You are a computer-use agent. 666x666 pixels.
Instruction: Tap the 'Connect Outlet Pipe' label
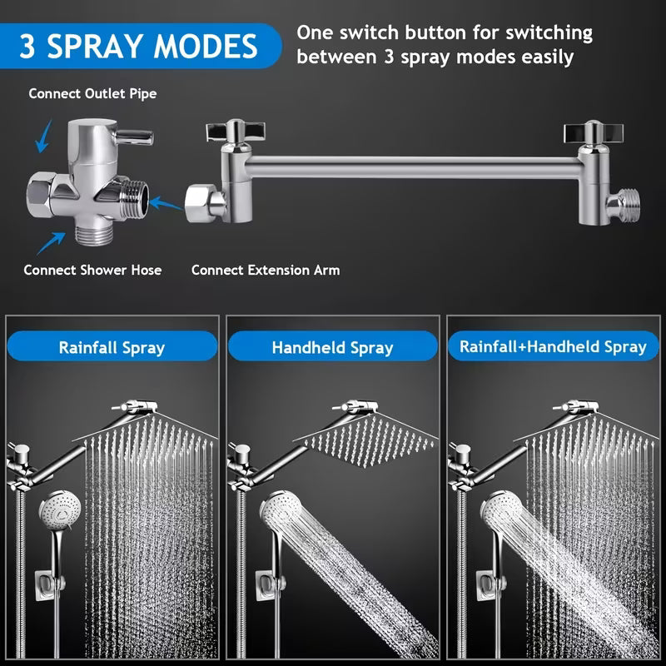(92, 93)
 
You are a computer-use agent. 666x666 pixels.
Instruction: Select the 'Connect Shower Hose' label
(92, 270)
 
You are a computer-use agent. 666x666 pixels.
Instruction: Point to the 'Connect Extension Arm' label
(266, 270)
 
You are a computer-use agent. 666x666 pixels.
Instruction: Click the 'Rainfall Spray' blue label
(112, 347)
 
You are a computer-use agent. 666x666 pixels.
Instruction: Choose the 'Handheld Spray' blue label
(332, 347)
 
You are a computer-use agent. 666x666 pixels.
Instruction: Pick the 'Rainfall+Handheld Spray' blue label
(553, 346)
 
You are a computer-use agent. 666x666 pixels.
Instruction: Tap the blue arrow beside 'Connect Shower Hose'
(52, 242)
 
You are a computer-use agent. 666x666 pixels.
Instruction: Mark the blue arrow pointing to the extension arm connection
(166, 202)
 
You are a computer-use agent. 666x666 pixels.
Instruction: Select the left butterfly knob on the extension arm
(234, 131)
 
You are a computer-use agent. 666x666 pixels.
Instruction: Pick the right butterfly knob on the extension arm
(592, 132)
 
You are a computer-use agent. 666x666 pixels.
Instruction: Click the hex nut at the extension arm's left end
(201, 201)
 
